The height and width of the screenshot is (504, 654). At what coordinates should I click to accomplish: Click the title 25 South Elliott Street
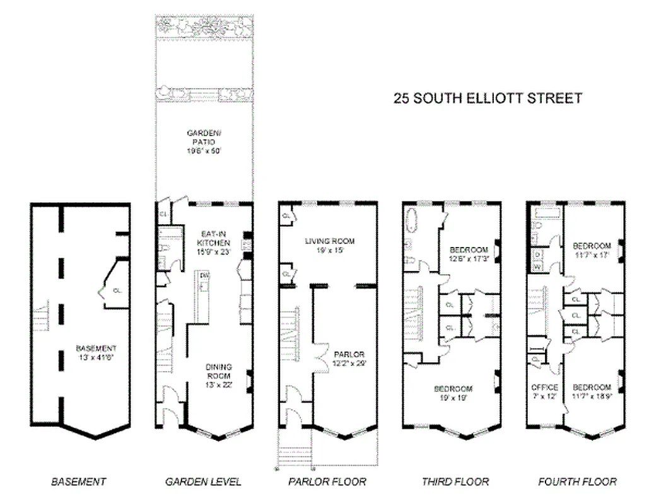487,98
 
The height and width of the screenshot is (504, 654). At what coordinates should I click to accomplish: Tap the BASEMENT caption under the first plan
79,482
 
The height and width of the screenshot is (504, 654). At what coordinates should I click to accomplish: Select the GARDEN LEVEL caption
203,482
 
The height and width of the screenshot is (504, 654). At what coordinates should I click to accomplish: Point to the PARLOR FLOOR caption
327,482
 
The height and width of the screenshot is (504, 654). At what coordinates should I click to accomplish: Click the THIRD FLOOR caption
455,482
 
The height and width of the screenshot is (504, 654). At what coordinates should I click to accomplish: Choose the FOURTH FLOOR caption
577,482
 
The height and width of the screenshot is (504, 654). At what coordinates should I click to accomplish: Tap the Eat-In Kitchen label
213,243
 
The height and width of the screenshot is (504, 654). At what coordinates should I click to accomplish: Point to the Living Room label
329,245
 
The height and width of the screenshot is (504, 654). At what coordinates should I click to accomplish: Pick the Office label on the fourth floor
544,391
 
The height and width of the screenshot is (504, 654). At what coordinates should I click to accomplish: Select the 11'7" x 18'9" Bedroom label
591,391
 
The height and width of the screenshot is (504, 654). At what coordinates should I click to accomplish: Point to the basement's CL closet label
117,291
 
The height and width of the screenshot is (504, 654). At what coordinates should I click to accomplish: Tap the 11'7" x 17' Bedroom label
591,250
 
